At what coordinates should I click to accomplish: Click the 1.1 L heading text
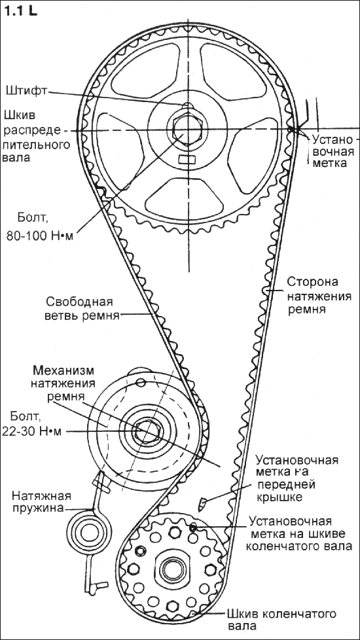pyautogui.click(x=20, y=11)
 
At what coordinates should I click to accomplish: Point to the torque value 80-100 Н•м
pyautogui.click(x=39, y=236)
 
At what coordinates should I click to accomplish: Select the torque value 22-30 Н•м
pyautogui.click(x=31, y=431)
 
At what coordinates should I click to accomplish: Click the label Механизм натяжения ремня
pyautogui.click(x=63, y=383)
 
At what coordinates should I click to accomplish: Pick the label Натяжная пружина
pyautogui.click(x=41, y=502)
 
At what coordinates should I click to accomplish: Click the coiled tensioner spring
pyautogui.click(x=87, y=532)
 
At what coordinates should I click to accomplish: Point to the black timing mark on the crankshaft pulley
pyautogui.click(x=192, y=527)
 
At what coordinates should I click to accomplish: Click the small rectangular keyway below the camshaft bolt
pyautogui.click(x=187, y=158)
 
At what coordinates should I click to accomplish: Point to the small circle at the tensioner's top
pyautogui.click(x=141, y=382)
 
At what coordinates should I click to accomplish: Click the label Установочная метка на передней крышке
pyautogui.click(x=297, y=478)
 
